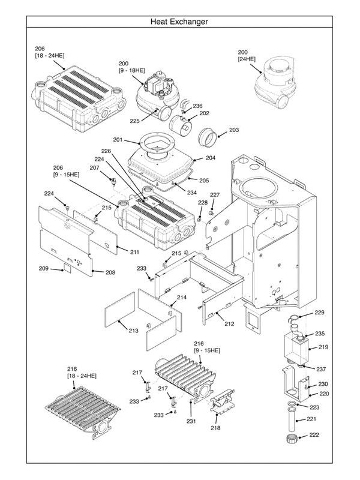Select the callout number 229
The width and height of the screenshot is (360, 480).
(x=319, y=313)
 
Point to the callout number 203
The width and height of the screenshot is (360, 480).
(x=234, y=130)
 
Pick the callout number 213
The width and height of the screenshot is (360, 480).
(x=133, y=331)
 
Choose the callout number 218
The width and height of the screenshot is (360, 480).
(x=215, y=428)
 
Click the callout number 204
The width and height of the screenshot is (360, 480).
(x=210, y=158)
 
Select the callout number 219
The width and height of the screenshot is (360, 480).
(x=323, y=347)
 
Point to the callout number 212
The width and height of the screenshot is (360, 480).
(x=229, y=324)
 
